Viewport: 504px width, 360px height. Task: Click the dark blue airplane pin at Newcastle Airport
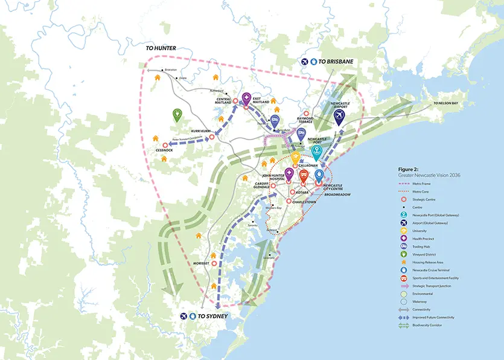pyautogui.click(x=339, y=115)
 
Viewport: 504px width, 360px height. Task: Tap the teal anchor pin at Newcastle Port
pyautogui.click(x=316, y=152)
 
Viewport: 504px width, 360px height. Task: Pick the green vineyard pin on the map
pyautogui.click(x=177, y=114)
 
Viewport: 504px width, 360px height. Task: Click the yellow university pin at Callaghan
pyautogui.click(x=296, y=158)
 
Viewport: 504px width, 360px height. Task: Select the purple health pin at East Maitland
pyautogui.click(x=246, y=100)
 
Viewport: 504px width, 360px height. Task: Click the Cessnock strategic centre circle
pyautogui.click(x=165, y=145)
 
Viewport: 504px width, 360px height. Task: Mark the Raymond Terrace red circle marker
pyautogui.click(x=306, y=114)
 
